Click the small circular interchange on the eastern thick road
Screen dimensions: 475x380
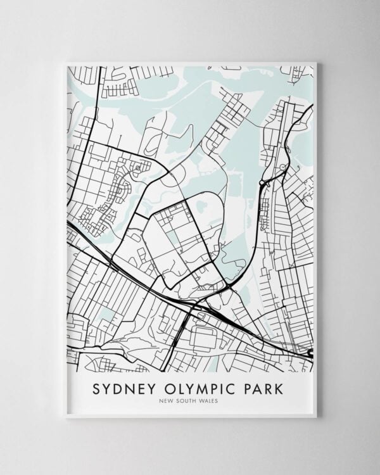262,184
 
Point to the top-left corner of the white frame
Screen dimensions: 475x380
65,62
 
